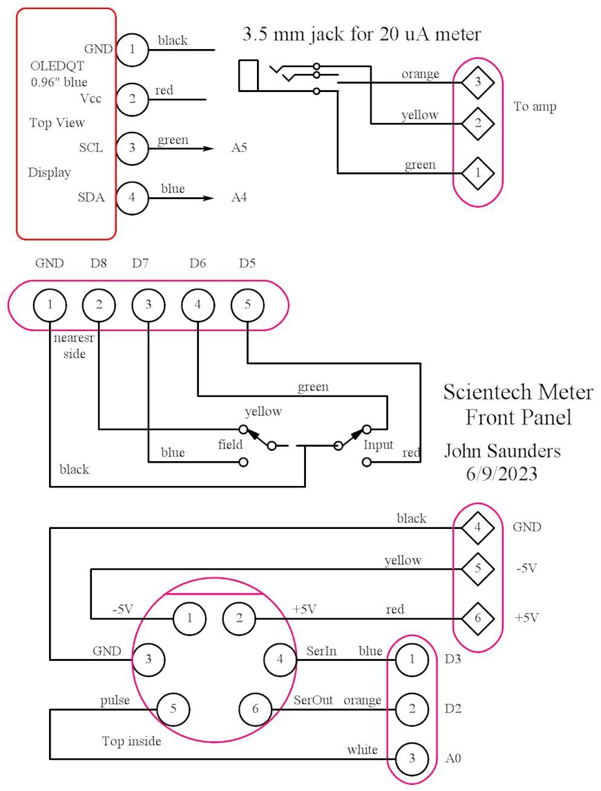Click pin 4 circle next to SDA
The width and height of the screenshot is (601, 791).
pyautogui.click(x=132, y=197)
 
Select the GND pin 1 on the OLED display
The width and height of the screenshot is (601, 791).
pyautogui.click(x=132, y=48)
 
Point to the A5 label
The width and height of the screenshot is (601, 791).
pyautogui.click(x=239, y=149)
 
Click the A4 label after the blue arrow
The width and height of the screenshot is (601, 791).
pyautogui.click(x=239, y=198)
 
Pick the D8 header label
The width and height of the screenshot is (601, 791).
pyautogui.click(x=99, y=263)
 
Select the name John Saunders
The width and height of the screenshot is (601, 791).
pyautogui.click(x=502, y=452)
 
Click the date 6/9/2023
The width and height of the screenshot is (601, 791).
pyautogui.click(x=502, y=474)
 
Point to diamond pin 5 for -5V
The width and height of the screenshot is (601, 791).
pyautogui.click(x=477, y=569)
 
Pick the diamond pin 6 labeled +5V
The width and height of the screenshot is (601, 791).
pyautogui.click(x=477, y=618)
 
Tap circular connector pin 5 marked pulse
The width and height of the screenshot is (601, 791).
pyautogui.click(x=173, y=709)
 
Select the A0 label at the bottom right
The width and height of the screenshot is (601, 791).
pyautogui.click(x=453, y=759)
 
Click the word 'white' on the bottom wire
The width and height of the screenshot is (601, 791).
pyautogui.click(x=362, y=750)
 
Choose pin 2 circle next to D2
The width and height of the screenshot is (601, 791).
pyautogui.click(x=412, y=709)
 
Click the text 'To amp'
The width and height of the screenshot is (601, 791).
pyautogui.click(x=535, y=107)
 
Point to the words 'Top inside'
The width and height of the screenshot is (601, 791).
pyautogui.click(x=131, y=742)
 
